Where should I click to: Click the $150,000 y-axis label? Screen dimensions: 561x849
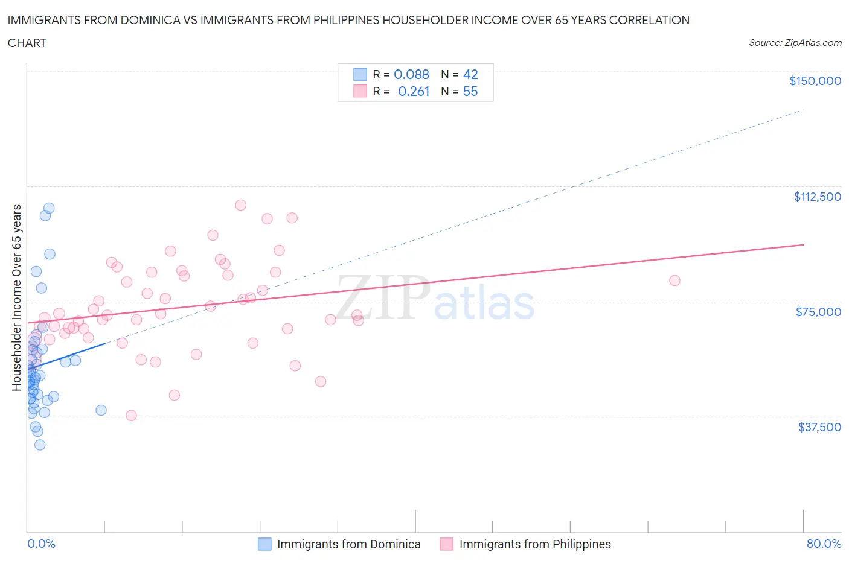(x=815, y=81)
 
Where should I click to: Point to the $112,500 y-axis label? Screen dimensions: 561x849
(x=817, y=197)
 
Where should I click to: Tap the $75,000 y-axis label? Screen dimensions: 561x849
(x=818, y=312)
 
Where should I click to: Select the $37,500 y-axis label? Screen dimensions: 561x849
(x=819, y=427)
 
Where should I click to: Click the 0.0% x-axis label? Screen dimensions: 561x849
(x=41, y=544)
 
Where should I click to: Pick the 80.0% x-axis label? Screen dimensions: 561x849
(x=824, y=544)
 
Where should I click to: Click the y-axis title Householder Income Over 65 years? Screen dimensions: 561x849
(x=17, y=297)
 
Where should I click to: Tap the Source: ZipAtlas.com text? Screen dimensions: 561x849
(x=795, y=42)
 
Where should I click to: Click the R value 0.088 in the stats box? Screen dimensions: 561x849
(x=411, y=74)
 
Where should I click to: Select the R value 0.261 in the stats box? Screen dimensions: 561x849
(x=414, y=91)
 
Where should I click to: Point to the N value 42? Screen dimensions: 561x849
(x=470, y=74)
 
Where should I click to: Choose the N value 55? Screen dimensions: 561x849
(x=470, y=91)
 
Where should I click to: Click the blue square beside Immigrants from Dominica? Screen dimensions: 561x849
(x=264, y=544)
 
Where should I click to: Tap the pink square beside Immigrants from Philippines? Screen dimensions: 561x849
(x=446, y=544)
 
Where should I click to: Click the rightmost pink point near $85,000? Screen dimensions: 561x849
(x=674, y=280)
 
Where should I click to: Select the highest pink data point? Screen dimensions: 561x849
(x=240, y=205)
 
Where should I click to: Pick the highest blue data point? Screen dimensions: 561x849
(x=49, y=208)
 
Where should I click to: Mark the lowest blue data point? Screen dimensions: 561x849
(x=40, y=445)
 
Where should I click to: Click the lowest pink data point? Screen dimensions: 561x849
(x=131, y=416)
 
